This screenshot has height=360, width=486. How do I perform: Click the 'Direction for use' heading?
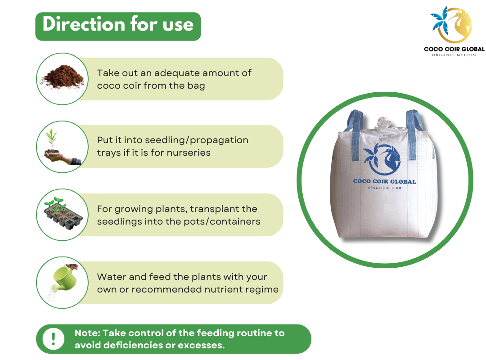click(x=118, y=24)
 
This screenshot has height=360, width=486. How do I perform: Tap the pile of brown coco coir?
click(x=63, y=77)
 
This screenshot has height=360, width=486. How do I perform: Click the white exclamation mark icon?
click(x=53, y=339)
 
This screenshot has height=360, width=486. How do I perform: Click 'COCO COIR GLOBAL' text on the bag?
click(x=385, y=181)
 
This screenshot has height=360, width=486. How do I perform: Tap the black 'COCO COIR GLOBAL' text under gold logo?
click(x=454, y=49)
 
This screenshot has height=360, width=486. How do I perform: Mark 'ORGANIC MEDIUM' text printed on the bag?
click(x=385, y=188)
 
